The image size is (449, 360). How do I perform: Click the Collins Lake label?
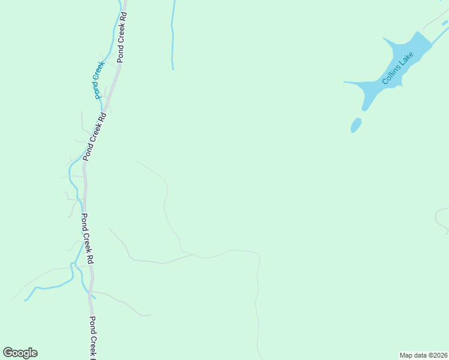coord(399,68)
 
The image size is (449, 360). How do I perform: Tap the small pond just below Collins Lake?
coord(356,125)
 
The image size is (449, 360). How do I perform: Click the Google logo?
coord(20,353)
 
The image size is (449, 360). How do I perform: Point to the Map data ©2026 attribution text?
coord(423,355)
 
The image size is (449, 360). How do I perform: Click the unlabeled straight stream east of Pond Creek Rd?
coord(172,36)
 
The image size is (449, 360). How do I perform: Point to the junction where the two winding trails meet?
coord(193,254)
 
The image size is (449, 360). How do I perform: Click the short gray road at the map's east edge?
coord(442,219)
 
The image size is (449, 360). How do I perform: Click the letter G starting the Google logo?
coord(8,353)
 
